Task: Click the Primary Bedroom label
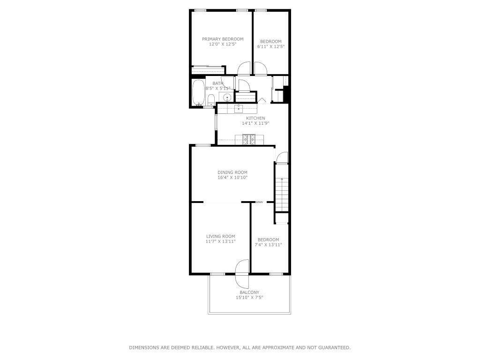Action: point(223,39)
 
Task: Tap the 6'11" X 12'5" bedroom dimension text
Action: point(271,46)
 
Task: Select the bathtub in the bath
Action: point(198,93)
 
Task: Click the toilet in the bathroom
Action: point(211,100)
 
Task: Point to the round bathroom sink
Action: point(227,97)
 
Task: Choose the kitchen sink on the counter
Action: point(239,108)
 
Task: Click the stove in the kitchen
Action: point(249,140)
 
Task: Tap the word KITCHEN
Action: point(255,118)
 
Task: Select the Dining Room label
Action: point(232,172)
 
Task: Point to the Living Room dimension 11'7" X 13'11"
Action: point(220,241)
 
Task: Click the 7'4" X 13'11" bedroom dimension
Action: point(269,245)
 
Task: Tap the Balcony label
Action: point(249,292)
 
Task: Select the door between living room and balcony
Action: point(242,274)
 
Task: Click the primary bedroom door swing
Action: point(244,68)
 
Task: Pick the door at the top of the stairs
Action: point(282,157)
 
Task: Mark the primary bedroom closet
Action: point(207,70)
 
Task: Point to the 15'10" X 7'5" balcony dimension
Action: point(249,297)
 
